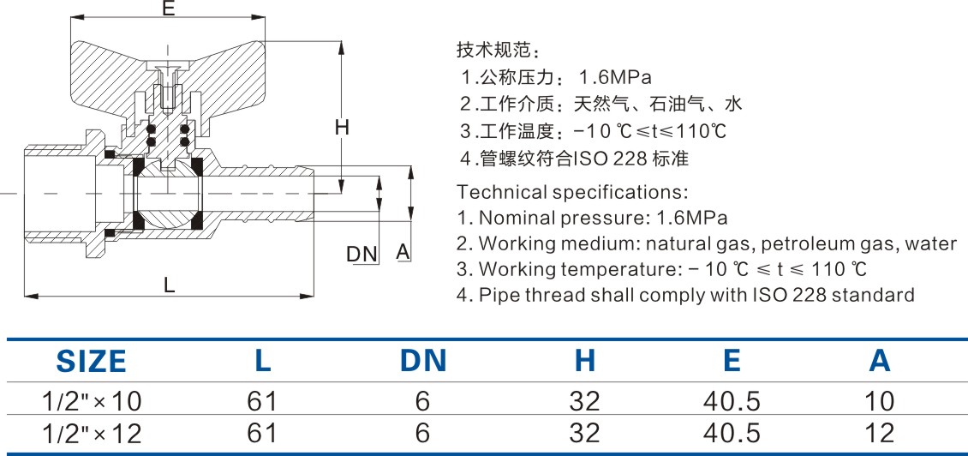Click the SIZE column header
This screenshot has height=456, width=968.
[x=91, y=361]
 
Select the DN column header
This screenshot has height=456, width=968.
[x=423, y=361]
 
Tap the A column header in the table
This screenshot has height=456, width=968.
[x=879, y=361]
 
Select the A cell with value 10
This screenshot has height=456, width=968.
[x=879, y=401]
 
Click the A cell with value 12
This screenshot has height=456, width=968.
[x=879, y=433]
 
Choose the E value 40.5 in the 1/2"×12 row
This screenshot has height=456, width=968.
[x=731, y=433]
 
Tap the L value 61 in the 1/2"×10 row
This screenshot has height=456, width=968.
[x=262, y=401]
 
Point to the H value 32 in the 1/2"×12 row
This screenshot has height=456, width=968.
[x=584, y=433]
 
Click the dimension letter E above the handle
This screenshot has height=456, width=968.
[x=168, y=9]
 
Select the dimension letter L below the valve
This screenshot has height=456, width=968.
[x=170, y=286]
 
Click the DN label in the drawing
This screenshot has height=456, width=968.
[x=362, y=254]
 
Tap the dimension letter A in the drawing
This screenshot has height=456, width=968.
[x=403, y=252]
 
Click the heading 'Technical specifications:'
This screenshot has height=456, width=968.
[x=572, y=191]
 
